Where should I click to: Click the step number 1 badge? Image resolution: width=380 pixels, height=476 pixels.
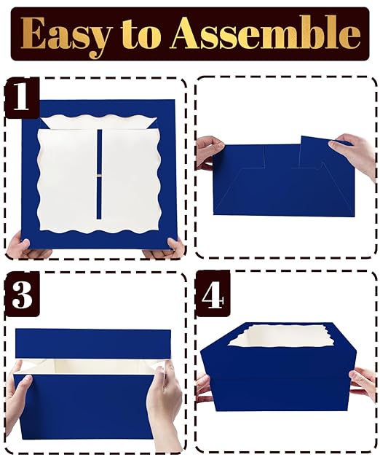(22, 98)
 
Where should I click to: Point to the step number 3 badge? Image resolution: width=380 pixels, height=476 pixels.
(22, 294)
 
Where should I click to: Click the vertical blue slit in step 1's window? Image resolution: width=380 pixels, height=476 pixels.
(99, 174)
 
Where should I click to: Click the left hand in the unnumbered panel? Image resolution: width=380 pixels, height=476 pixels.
(209, 152)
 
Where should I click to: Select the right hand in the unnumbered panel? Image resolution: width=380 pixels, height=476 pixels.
(355, 155)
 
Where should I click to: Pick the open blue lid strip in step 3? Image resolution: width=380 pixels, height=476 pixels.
(92, 343)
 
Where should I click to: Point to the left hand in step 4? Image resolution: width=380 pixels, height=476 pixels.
(205, 389)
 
